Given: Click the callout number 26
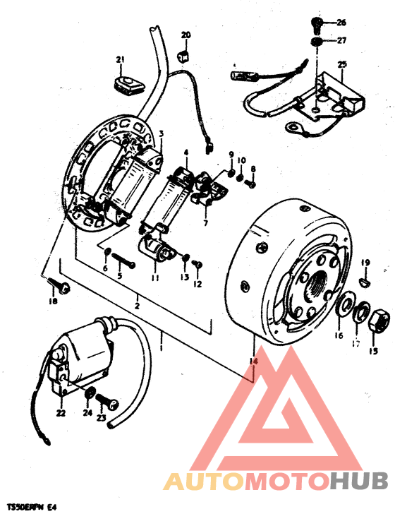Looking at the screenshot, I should coord(341,22).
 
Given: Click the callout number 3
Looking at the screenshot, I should coord(161,133).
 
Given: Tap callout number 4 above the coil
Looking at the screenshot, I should coord(186,153).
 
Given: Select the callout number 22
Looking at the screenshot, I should coord(61,414).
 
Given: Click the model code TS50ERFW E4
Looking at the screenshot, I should coord(31,507).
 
